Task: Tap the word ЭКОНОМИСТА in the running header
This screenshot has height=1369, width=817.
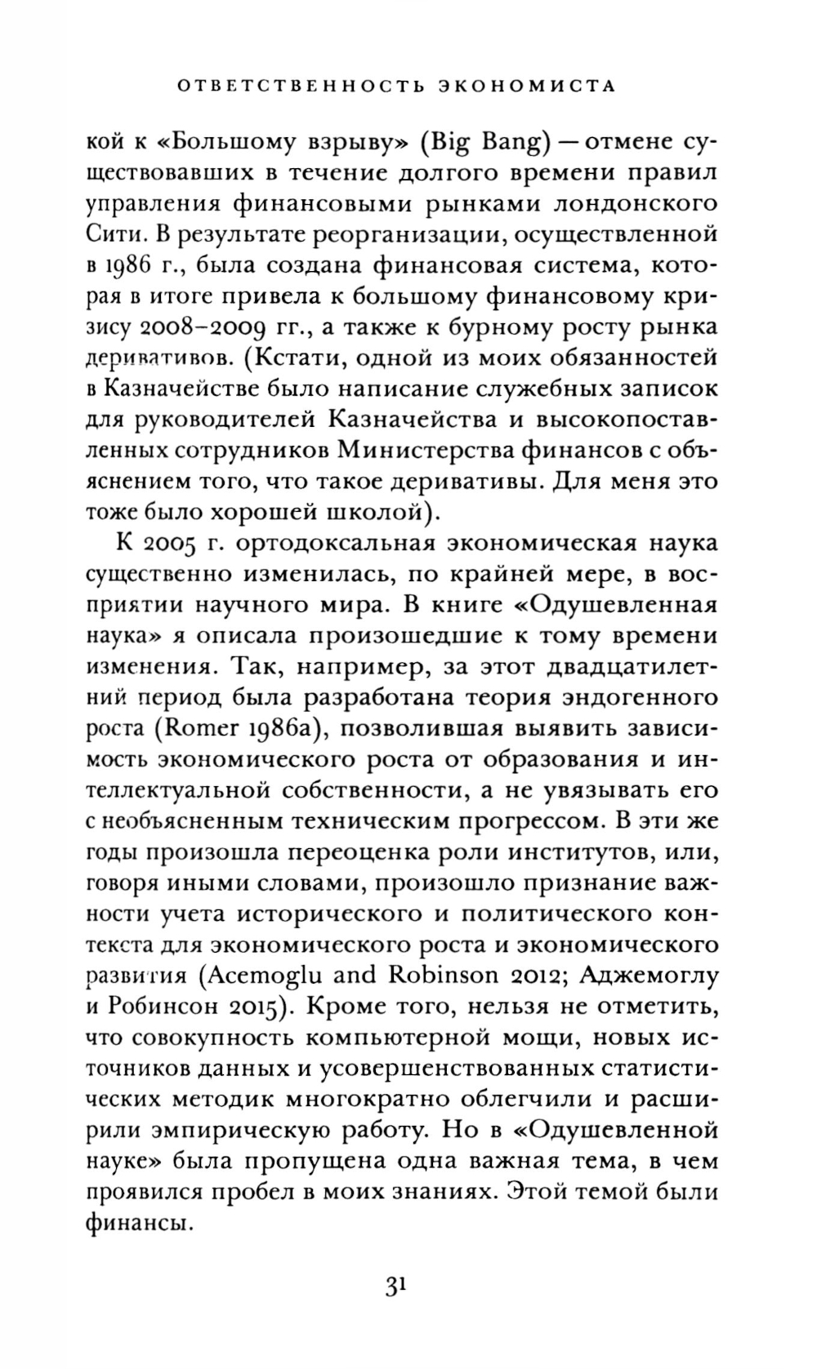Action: click(x=525, y=86)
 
